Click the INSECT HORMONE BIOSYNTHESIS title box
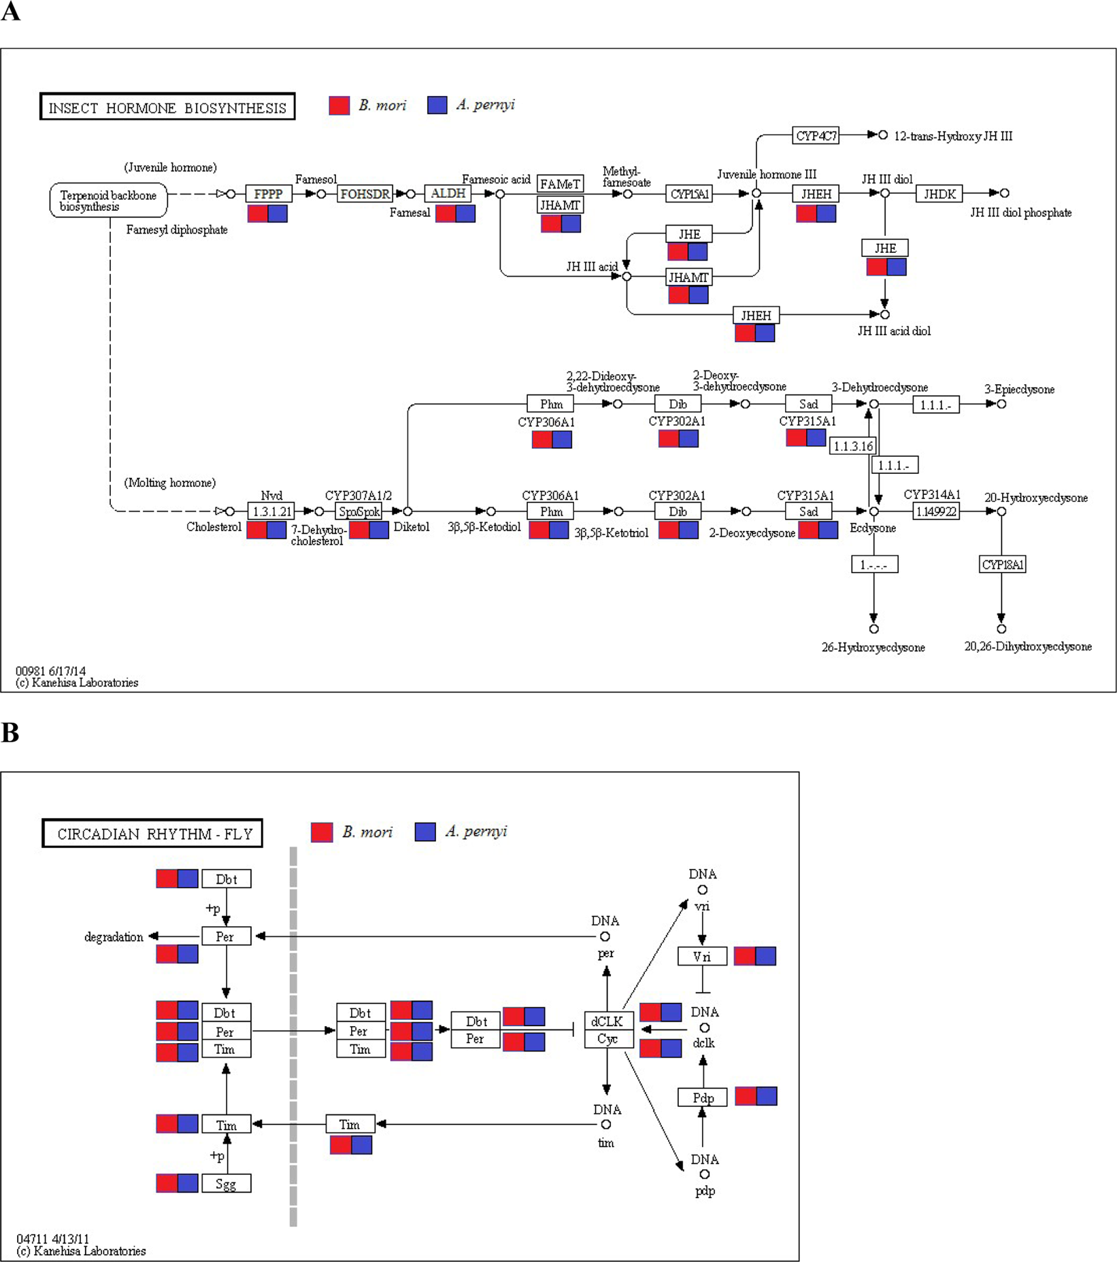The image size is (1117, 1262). [167, 107]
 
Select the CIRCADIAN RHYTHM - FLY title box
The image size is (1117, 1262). [152, 834]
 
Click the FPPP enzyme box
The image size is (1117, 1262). [268, 194]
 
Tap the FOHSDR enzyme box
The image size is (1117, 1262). [365, 194]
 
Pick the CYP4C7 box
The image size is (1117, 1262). [816, 135]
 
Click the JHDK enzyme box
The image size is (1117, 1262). [939, 194]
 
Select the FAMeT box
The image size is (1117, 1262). [560, 184]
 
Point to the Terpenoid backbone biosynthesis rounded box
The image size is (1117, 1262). [109, 200]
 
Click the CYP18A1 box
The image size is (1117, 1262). [1002, 564]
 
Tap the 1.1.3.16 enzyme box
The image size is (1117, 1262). [853, 446]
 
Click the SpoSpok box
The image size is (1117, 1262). [359, 511]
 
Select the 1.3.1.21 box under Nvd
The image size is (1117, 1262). [271, 511]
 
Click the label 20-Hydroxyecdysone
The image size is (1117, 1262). [1035, 498]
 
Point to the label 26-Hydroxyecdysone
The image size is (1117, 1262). [873, 647]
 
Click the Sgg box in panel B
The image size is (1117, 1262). [226, 1184]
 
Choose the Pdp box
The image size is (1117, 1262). [703, 1097]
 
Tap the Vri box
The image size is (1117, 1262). [702, 956]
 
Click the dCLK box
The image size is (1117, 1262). [608, 1021]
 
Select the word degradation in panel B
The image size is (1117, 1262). [114, 937]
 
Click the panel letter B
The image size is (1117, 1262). [10, 733]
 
